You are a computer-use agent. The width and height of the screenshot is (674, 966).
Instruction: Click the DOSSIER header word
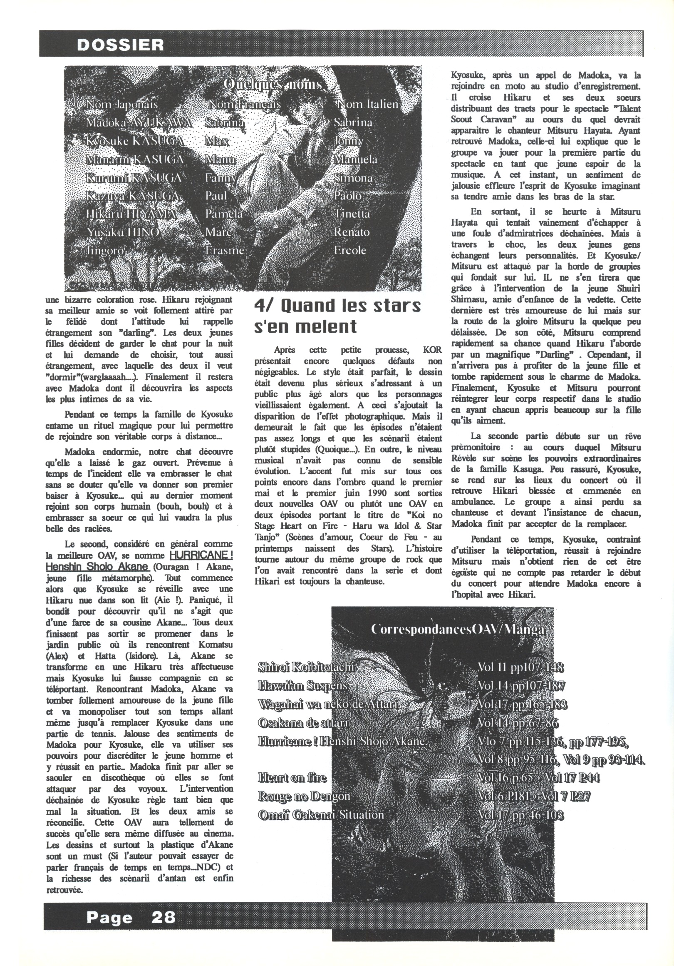120,45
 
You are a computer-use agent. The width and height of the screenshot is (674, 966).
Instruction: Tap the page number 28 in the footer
164,917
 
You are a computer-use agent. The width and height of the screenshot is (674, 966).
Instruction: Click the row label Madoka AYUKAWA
139,122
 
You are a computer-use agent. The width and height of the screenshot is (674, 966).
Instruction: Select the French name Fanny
221,178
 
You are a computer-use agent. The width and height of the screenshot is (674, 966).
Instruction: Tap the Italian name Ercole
350,250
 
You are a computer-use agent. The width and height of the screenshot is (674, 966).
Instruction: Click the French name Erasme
225,250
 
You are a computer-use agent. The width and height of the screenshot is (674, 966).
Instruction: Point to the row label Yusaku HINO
123,232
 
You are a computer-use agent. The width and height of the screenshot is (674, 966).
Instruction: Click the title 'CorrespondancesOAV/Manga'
459,630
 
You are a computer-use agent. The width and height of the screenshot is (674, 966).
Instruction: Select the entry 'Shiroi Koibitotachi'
307,667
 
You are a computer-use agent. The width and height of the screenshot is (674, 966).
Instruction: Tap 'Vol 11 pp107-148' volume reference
520,667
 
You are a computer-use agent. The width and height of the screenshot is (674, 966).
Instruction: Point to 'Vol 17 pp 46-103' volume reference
520,815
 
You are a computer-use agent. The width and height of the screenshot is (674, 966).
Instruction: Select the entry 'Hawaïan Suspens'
303,686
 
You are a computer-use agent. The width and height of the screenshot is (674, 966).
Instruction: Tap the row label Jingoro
105,250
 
